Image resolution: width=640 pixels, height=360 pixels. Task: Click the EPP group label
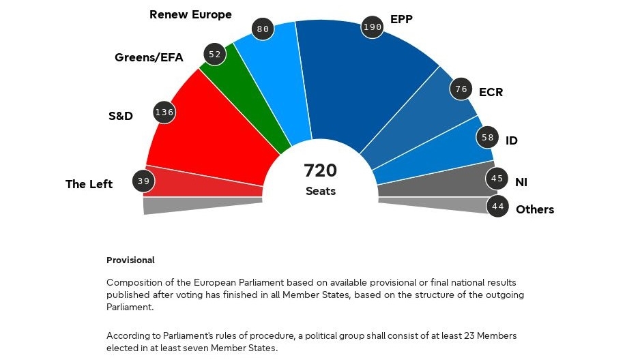pyautogui.click(x=401, y=19)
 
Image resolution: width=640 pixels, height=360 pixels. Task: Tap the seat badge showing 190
pyautogui.click(x=372, y=27)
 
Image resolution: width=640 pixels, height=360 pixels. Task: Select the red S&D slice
pyautogui.click(x=212, y=140)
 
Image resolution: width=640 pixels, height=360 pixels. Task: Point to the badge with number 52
pyautogui.click(x=215, y=54)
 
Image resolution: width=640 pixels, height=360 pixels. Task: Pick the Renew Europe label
pyautogui.click(x=190, y=14)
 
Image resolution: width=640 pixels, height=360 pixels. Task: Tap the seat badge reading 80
pyautogui.click(x=262, y=29)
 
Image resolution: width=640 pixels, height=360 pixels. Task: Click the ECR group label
pyautogui.click(x=491, y=91)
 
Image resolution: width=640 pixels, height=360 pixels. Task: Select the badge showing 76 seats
pyautogui.click(x=461, y=89)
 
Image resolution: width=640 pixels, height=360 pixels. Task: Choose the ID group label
pyautogui.click(x=511, y=140)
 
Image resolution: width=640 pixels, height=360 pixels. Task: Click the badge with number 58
pyautogui.click(x=487, y=137)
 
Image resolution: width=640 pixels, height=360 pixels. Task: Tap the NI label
pyautogui.click(x=521, y=182)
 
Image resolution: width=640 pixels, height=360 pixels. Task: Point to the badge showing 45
pyautogui.click(x=497, y=179)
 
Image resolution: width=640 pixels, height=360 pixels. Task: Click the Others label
pyautogui.click(x=535, y=209)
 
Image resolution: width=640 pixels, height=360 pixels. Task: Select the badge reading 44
pyautogui.click(x=497, y=206)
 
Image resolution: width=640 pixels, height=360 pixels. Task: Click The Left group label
pyautogui.click(x=89, y=184)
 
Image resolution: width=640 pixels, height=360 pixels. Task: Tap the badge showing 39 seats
pyautogui.click(x=143, y=181)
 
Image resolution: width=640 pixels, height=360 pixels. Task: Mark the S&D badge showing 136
pyautogui.click(x=164, y=112)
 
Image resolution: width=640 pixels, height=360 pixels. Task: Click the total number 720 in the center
pyautogui.click(x=320, y=170)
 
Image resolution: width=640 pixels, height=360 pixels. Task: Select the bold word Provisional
pyautogui.click(x=130, y=260)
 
